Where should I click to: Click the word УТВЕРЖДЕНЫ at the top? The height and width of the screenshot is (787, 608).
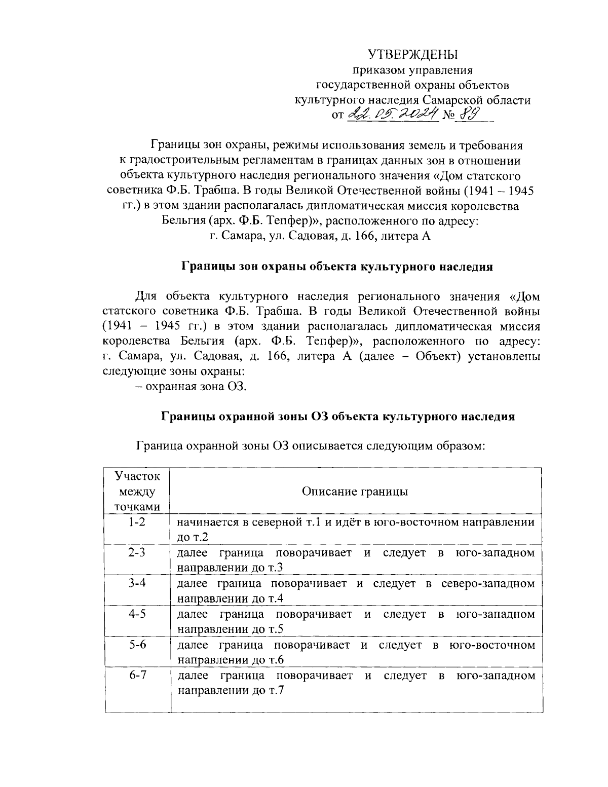[x=412, y=54]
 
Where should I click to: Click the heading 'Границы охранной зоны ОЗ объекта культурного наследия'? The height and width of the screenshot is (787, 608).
[x=338, y=417]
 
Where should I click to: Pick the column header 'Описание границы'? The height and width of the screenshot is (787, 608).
[x=355, y=492]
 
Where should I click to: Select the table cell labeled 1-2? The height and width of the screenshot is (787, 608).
[x=137, y=521]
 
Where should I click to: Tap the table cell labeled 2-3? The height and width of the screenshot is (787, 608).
[x=137, y=552]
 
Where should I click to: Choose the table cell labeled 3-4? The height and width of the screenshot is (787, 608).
[x=137, y=583]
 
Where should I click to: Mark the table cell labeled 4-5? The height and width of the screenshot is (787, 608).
[x=137, y=614]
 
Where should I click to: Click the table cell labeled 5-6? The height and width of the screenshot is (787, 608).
[x=137, y=645]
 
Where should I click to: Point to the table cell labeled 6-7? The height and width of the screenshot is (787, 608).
[x=137, y=676]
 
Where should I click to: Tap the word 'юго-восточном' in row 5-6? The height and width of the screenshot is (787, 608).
[x=491, y=645]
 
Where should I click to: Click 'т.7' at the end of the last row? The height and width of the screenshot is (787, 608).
[x=276, y=691]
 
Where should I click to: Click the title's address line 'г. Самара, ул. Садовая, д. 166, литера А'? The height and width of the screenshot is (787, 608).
[x=320, y=236]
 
